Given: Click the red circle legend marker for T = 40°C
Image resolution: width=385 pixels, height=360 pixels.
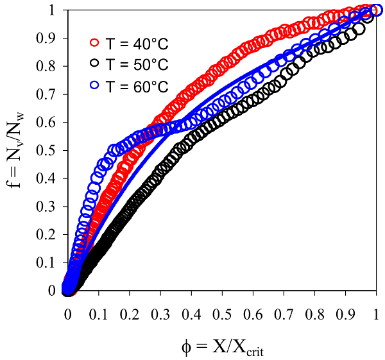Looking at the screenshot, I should pos(94,43).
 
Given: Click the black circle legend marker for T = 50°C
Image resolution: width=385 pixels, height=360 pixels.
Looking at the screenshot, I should pos(94,65).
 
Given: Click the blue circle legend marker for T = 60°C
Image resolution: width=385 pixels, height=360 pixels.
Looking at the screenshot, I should pos(94,86).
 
